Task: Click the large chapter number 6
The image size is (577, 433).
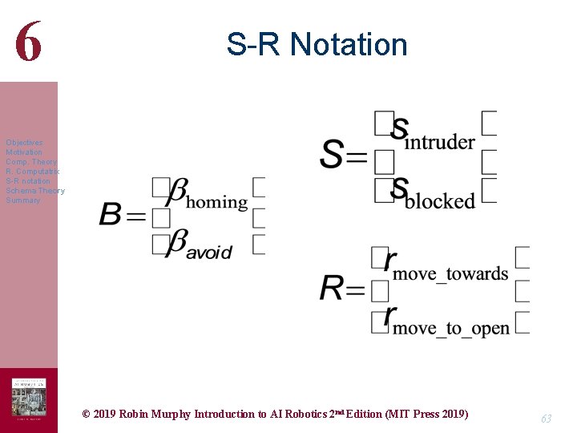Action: [x=28, y=42]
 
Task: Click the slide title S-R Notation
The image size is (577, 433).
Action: [x=317, y=44]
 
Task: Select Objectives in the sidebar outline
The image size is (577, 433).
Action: [x=24, y=143]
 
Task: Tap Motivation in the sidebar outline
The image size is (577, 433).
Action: [x=24, y=152]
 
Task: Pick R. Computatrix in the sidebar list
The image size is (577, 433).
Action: [x=32, y=172]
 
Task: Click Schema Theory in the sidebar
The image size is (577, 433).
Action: [x=34, y=191]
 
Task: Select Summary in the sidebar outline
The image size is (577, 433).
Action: [x=22, y=200]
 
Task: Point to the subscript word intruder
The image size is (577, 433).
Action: [x=440, y=143]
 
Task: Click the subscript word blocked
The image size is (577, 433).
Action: [x=440, y=201]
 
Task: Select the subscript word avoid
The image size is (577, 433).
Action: [x=210, y=252]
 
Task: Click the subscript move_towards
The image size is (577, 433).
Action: [x=450, y=274]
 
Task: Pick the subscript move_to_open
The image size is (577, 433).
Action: [x=450, y=329]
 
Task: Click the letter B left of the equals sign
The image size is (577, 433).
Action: [x=111, y=215]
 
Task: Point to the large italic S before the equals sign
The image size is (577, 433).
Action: [x=333, y=154]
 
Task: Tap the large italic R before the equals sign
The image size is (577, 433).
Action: [x=332, y=288]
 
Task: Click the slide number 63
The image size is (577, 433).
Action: [x=546, y=418]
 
